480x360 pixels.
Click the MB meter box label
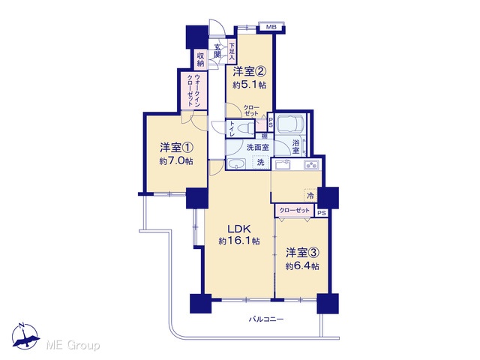coord(271,27)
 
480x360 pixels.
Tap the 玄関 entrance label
coord(217,51)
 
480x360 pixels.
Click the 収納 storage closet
coord(200,60)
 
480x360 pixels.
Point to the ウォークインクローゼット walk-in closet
coord(193,90)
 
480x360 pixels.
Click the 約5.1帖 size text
coord(249,85)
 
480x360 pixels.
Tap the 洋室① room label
coord(176,148)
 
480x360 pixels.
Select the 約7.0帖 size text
coord(176,161)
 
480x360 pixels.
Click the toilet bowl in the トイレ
coord(247,128)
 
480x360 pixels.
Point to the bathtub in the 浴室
coord(291,123)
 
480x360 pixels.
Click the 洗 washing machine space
coord(260,162)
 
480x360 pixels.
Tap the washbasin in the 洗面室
coord(236,164)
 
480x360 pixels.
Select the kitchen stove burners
coord(311,165)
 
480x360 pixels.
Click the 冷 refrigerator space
coord(310,195)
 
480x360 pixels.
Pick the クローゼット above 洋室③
coord(295,211)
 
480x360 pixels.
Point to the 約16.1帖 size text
coord(239,241)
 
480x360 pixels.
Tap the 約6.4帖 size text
coord(302,266)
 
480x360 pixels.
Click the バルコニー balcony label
coord(266,319)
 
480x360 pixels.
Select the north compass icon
coord(25,336)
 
